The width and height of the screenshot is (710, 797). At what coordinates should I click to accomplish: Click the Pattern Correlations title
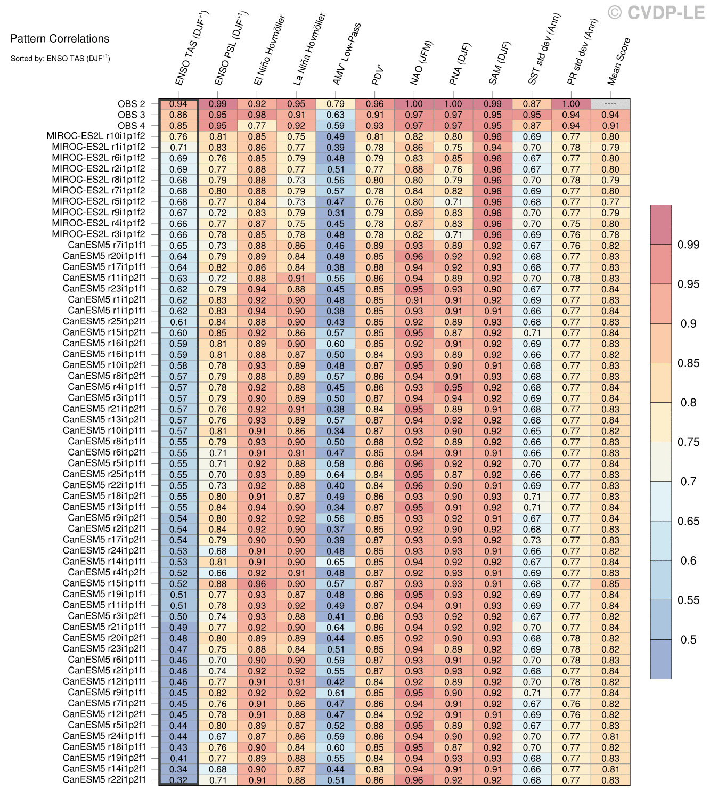point(60,38)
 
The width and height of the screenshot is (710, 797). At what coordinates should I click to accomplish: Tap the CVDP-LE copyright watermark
point(659,12)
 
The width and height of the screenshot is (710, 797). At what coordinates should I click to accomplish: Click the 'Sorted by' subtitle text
point(60,58)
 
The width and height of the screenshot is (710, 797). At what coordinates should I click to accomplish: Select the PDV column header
point(377,75)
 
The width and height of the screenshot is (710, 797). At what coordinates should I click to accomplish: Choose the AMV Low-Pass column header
point(347,54)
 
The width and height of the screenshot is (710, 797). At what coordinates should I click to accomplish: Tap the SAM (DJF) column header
point(500,63)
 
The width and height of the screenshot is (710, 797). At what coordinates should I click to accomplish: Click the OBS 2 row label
point(131,104)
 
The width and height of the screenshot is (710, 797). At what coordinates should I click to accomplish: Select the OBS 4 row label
point(131,126)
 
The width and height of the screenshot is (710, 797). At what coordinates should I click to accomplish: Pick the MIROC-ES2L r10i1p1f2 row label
point(95,136)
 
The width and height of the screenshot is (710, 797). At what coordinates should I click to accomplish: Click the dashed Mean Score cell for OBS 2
point(610,104)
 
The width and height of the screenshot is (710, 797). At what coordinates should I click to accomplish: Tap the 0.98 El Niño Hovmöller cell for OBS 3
point(257,115)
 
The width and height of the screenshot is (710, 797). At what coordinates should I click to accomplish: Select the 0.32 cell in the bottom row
point(178,780)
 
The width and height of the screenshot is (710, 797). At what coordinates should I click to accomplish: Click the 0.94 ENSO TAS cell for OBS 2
point(178,104)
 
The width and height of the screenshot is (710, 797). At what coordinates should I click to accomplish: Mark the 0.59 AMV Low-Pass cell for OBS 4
point(336,126)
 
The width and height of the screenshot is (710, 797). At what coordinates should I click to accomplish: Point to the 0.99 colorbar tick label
point(688,245)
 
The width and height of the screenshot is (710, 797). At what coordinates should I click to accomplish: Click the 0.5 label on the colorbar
point(688,639)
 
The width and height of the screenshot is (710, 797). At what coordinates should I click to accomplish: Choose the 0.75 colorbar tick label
point(688,442)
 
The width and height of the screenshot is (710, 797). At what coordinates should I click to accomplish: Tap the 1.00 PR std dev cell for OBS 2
point(571,104)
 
